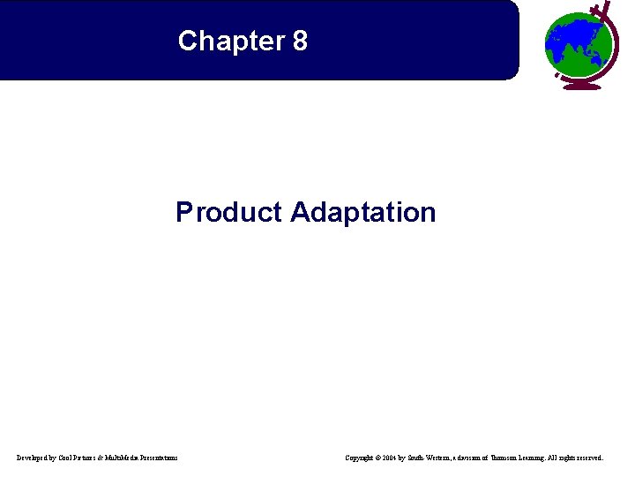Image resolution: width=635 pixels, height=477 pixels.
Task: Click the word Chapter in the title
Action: point(228,41)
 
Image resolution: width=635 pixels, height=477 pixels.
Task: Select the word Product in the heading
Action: point(228,212)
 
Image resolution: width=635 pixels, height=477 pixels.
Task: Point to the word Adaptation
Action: point(362,212)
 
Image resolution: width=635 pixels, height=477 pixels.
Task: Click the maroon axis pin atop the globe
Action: point(605,9)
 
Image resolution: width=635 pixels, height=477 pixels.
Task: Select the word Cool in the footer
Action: point(70,458)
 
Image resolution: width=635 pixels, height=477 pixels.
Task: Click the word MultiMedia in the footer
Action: point(129,458)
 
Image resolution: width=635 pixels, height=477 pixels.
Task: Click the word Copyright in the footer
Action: point(362,458)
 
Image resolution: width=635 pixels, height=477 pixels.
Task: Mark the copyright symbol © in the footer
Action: point(381,458)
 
